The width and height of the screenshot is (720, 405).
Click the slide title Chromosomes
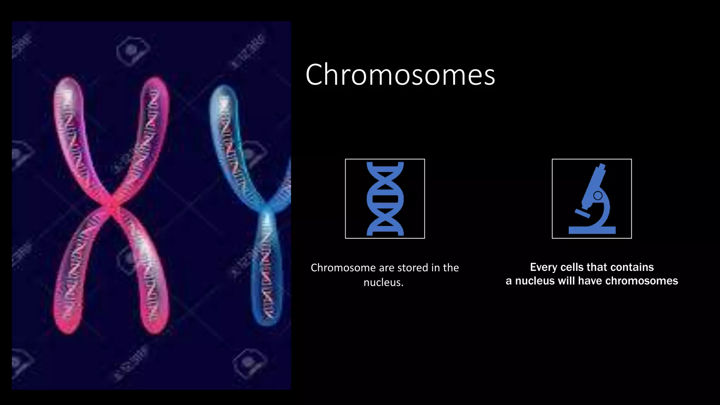tap(400, 75)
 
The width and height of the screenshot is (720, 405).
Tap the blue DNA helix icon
tap(385, 199)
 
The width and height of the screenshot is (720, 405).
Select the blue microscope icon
tap(592, 199)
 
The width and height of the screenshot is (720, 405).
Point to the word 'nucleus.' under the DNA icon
tap(383, 283)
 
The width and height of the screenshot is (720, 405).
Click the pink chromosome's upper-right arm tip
tap(157, 83)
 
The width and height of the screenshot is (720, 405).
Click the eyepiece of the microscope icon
tap(602, 167)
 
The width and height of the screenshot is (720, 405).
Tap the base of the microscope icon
tap(592, 230)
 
